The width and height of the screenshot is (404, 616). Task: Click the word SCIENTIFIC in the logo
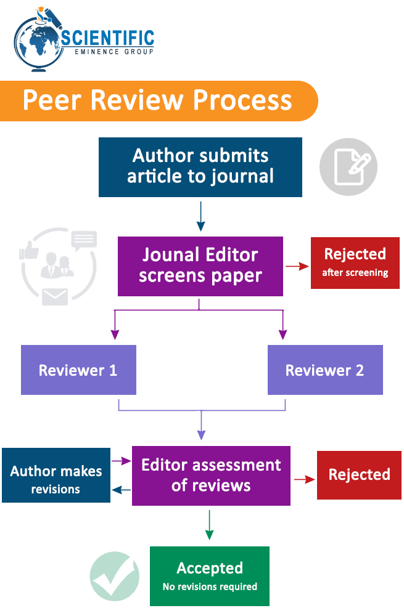point(108,38)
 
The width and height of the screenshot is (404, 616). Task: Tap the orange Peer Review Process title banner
point(158,100)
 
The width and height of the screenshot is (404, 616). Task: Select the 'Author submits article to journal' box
point(200,167)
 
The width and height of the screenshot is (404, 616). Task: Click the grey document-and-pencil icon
point(348,166)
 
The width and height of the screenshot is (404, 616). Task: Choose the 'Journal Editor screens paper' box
point(200,266)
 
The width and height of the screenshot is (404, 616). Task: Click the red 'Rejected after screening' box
point(355,263)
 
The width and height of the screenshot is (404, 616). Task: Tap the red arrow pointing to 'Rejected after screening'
point(297,266)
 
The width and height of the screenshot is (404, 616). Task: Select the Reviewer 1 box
point(78,370)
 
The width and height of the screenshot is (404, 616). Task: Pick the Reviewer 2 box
point(325,370)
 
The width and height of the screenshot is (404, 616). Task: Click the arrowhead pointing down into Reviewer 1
point(115,334)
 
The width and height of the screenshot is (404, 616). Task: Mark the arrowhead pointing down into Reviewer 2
point(283,334)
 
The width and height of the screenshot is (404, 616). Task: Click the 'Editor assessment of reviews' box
point(211,476)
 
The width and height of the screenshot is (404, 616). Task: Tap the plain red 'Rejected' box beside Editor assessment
point(359,474)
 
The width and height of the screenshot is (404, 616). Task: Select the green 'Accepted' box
point(210,576)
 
